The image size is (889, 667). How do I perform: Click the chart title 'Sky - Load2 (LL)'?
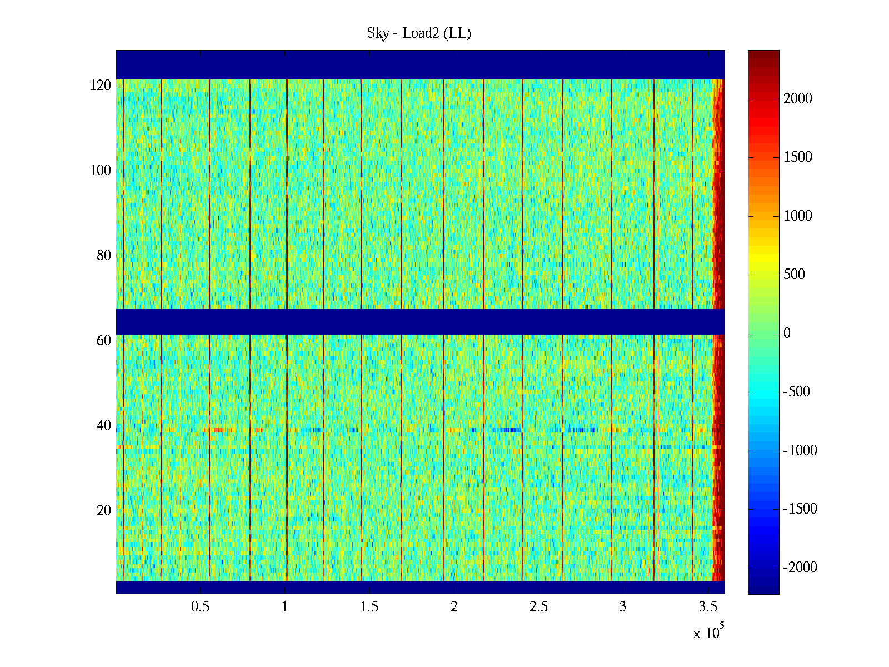pos(419,33)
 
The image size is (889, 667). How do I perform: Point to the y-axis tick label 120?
pos(101,86)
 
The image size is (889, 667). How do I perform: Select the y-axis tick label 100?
pos(101,171)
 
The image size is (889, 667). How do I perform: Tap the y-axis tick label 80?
pos(104,256)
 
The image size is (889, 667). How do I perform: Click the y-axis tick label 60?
pos(104,341)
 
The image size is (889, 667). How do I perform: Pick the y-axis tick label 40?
pos(104,426)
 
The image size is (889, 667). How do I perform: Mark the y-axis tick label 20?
pos(104,511)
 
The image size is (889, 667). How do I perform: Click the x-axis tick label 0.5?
pos(200,607)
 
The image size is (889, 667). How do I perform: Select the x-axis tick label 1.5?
pos(369,607)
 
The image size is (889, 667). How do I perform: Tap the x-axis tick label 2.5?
pos(538,607)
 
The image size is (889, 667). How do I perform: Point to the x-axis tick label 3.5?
pos(708,607)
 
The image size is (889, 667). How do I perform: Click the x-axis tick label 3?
pos(623,607)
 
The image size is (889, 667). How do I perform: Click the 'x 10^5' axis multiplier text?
pos(708,633)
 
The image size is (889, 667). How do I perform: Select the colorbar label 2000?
pos(798,99)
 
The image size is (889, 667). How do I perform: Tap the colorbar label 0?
pos(787,333)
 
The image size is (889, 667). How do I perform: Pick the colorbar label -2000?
pos(800,568)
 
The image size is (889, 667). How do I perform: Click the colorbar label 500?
pos(794,275)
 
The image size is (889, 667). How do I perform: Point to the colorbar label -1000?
pos(800,451)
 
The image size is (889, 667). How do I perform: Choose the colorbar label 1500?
pos(798,157)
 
